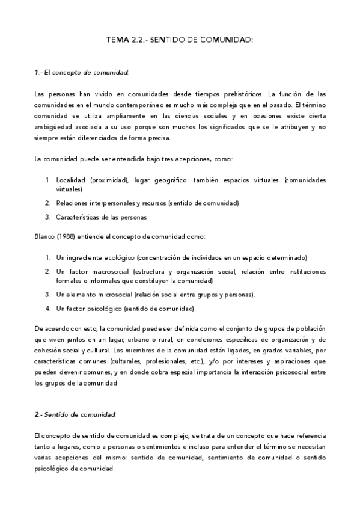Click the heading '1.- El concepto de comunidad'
click(x=82, y=73)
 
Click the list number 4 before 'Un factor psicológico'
click(x=47, y=309)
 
